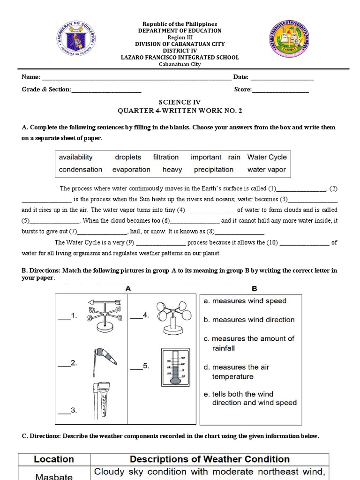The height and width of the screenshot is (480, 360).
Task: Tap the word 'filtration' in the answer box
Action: coord(165,157)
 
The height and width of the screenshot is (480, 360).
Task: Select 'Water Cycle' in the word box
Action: coord(267,157)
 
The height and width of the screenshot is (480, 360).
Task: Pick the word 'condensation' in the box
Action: coord(80,170)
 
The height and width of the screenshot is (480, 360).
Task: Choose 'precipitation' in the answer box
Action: coord(213,170)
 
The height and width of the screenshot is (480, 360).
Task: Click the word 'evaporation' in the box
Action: coord(131,170)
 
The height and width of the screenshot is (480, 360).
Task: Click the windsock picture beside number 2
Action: coord(104,359)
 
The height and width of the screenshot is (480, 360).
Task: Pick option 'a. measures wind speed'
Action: coord(245,301)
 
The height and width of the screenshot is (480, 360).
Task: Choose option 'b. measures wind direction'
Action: coord(249,320)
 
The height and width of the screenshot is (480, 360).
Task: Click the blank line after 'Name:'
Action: coord(136,78)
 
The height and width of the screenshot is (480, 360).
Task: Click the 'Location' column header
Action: coord(54,459)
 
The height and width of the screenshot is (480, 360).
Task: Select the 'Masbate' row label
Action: coord(54,476)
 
